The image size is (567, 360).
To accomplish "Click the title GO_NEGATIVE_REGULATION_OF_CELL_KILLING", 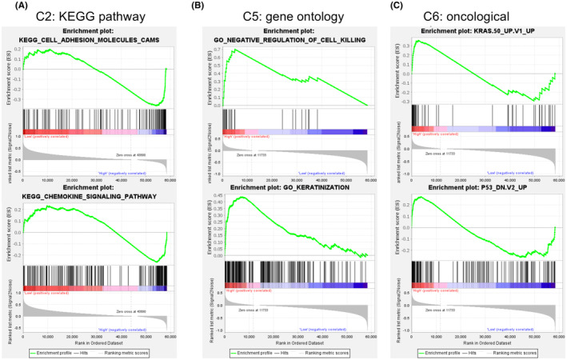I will tap(293, 39).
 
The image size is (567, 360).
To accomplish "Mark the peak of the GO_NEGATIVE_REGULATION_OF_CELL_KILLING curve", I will tap(233, 50).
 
